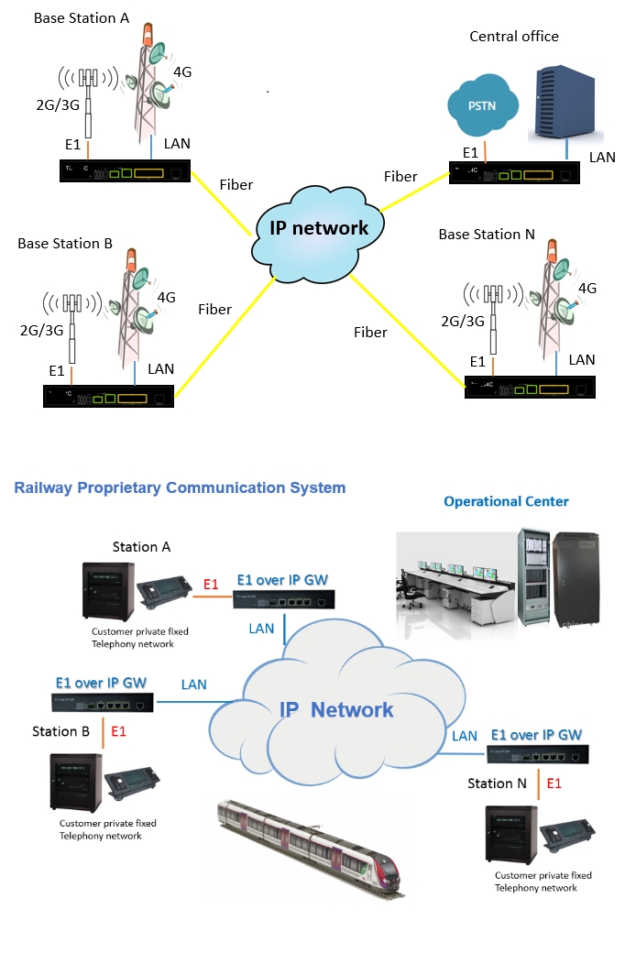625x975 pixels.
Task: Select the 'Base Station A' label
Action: pos(82,18)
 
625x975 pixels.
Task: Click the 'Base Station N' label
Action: pos(487,235)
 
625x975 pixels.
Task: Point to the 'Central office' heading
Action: pos(514,37)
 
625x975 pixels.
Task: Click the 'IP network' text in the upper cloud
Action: pos(320,228)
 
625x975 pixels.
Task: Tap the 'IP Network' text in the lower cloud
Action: pos(336,709)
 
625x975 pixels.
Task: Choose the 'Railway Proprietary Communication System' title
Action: pos(180,487)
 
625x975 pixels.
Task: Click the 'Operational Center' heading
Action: pos(506,501)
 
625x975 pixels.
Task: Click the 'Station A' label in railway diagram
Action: pos(141,547)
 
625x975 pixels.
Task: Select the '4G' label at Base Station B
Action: pos(166,298)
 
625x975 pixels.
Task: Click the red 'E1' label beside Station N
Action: pos(554,783)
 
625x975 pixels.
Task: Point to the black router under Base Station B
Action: pos(109,397)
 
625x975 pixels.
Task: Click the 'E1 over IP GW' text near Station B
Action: pos(101,683)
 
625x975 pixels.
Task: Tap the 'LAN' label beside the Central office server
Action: pos(602,158)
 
